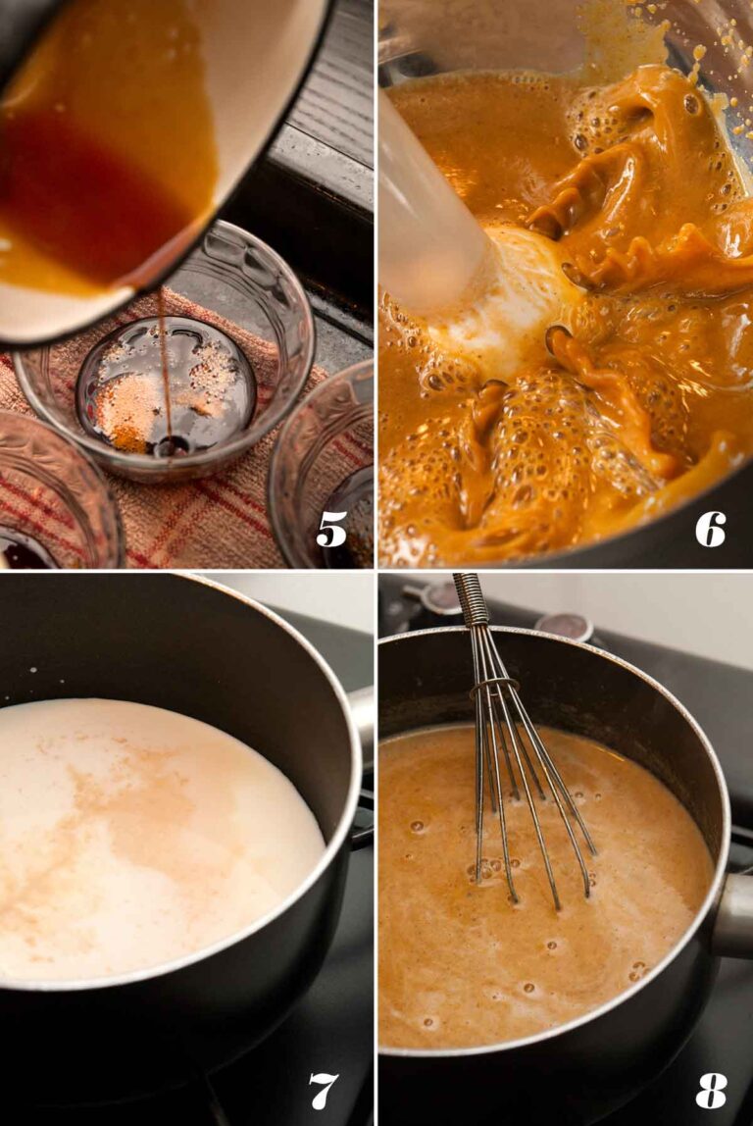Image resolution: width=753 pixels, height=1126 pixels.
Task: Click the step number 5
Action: click(x=331, y=530)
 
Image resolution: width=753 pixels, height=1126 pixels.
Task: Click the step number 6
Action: click(x=710, y=530)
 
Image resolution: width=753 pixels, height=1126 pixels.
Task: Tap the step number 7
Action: click(x=324, y=1091)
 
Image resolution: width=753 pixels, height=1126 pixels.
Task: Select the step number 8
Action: click(x=711, y=1091)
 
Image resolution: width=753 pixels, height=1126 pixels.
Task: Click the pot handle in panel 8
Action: click(x=733, y=914)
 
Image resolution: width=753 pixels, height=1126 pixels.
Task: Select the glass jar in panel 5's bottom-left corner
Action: click(x=58, y=495)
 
